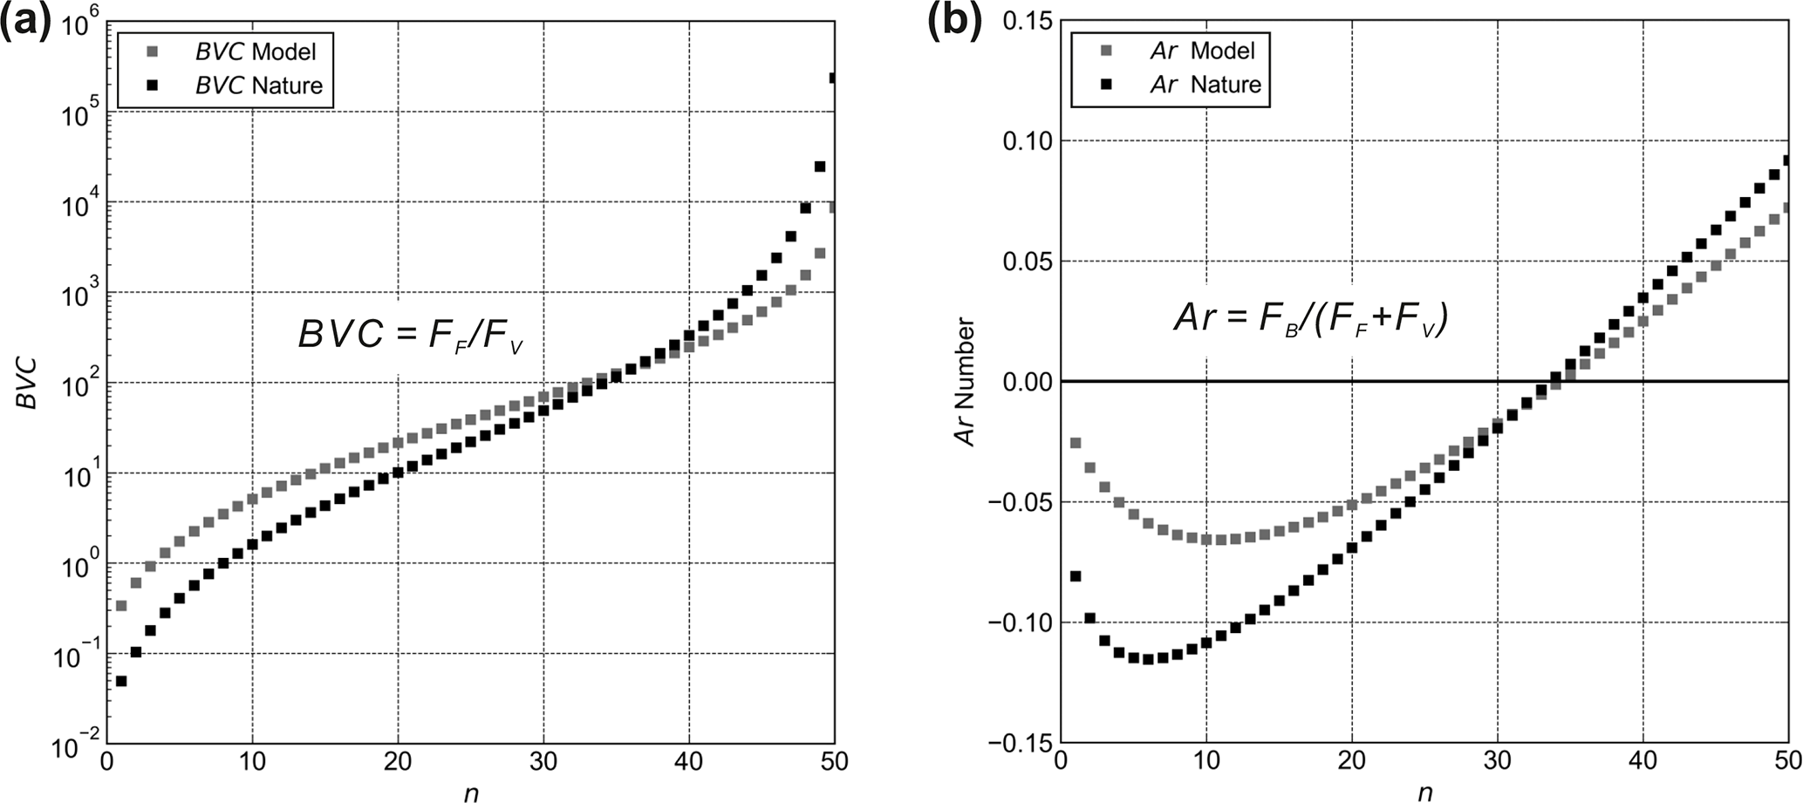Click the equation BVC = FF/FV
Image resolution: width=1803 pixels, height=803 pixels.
pos(410,335)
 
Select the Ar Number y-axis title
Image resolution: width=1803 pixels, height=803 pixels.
pos(966,383)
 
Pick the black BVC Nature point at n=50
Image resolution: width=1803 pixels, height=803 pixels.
pos(833,78)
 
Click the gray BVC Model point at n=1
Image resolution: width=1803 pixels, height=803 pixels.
pos(121,605)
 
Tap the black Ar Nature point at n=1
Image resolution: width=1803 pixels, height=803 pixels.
pos(1076,576)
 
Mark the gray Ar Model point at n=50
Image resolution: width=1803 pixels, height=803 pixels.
pos(1786,208)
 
